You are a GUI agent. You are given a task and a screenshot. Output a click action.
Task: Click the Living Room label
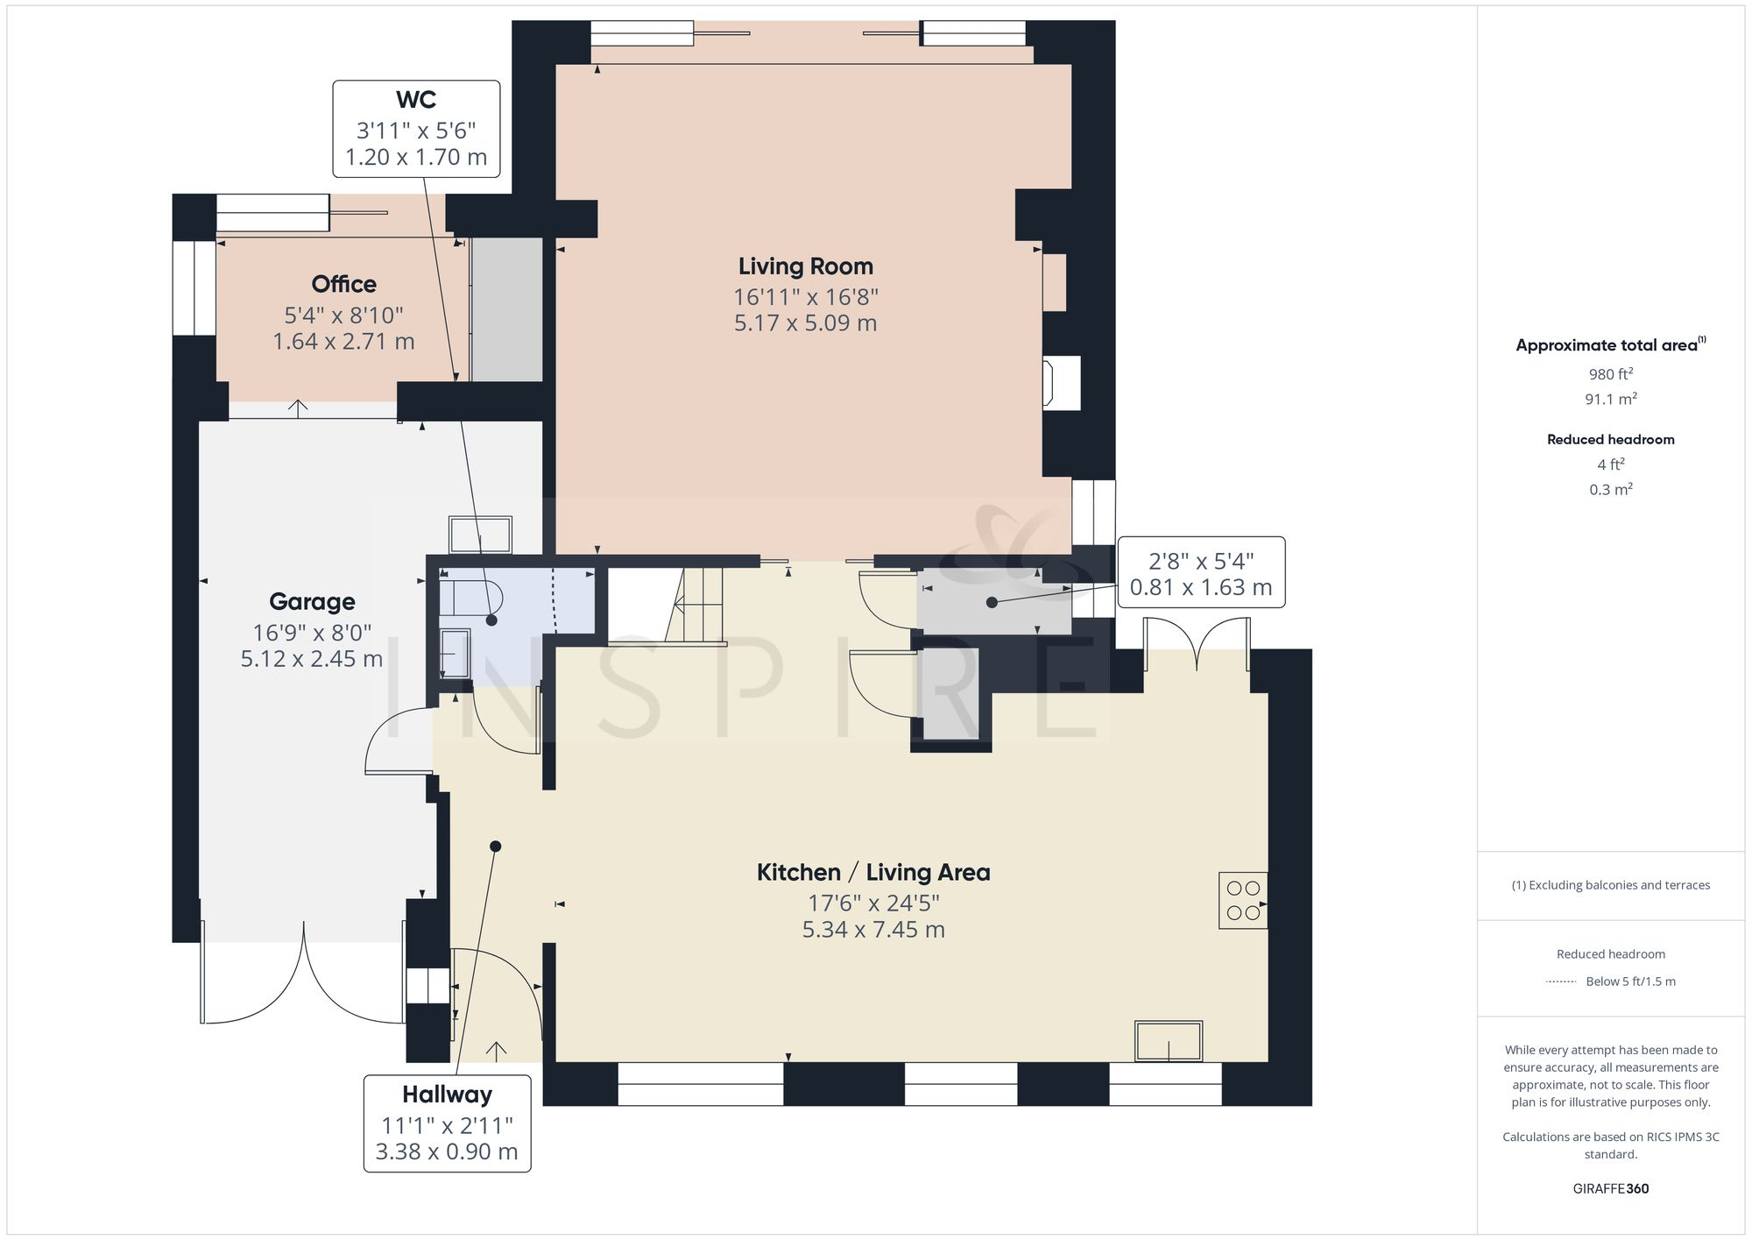pos(805,266)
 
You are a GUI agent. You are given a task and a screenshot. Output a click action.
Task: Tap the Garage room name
pos(312,602)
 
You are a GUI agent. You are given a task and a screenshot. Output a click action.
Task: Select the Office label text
pos(343,285)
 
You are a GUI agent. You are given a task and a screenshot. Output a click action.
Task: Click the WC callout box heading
pos(416,100)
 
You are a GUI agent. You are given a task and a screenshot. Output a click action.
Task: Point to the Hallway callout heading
pos(447,1095)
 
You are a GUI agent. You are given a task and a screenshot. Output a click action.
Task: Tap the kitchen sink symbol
pos(1169,1042)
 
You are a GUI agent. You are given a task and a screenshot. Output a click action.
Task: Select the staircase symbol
pos(666,606)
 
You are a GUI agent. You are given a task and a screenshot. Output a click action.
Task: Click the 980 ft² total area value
pos(1610,374)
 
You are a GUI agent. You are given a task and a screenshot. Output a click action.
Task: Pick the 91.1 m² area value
pos(1610,399)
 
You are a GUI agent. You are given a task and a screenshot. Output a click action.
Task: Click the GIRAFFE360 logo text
pos(1610,1189)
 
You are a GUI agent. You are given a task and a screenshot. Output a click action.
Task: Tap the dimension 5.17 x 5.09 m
pos(805,323)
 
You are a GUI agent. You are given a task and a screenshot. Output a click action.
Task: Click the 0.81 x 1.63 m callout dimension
pos(1200,587)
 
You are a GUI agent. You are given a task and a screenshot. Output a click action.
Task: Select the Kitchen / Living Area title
pos(872,873)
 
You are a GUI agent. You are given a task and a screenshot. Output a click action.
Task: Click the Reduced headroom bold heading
pos(1610,440)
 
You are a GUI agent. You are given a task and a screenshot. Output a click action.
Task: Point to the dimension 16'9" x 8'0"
pos(312,632)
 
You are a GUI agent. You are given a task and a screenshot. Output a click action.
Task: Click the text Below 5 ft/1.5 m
pos(1630,981)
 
